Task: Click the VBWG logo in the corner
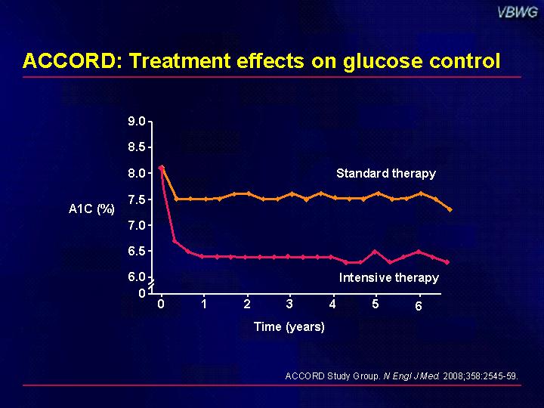[x=518, y=13]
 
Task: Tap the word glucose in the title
[x=382, y=62]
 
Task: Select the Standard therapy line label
[x=386, y=173]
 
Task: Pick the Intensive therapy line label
[x=388, y=277]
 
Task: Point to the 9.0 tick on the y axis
[x=137, y=122]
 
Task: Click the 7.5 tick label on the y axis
[x=137, y=199]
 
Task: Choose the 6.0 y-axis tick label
[x=137, y=277]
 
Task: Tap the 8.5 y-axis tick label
[x=137, y=147]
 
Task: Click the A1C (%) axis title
[x=91, y=209]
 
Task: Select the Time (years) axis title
[x=289, y=326]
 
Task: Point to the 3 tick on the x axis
[x=289, y=304]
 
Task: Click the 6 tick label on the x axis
[x=419, y=306]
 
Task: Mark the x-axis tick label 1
[x=204, y=304]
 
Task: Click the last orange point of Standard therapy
[x=450, y=209]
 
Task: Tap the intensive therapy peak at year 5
[x=375, y=251]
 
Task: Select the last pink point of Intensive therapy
[x=447, y=262]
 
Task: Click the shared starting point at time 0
[x=162, y=168]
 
